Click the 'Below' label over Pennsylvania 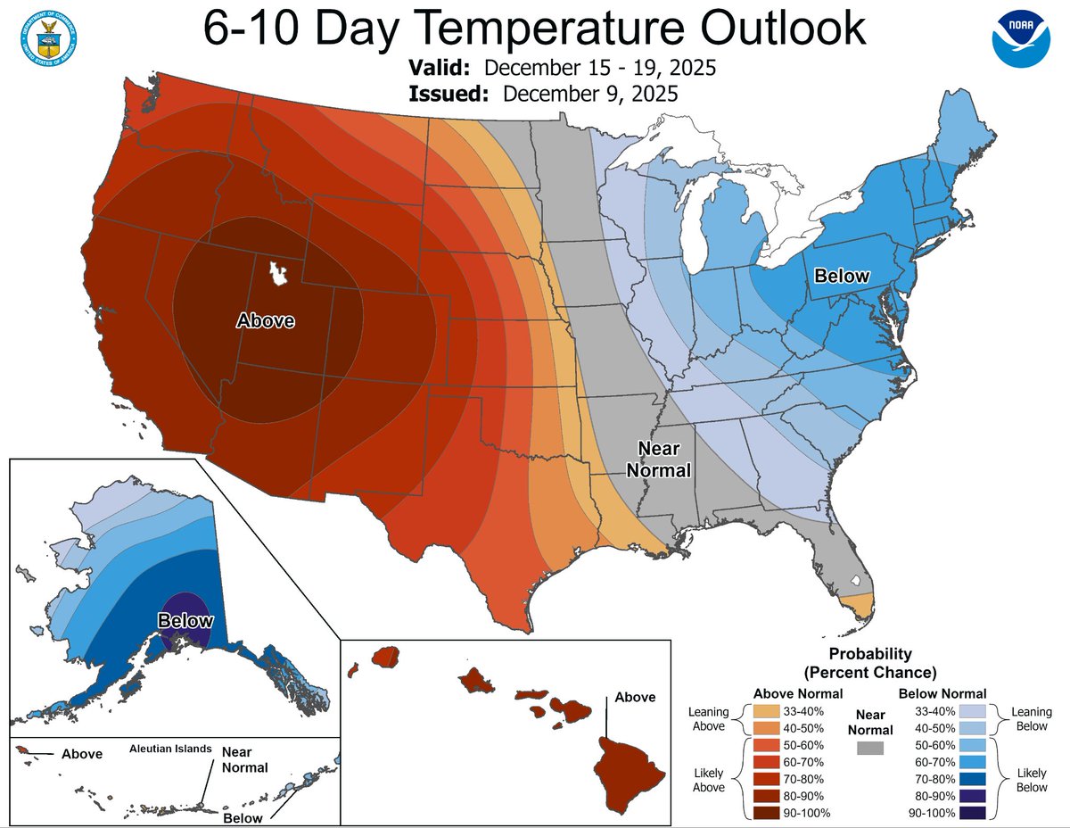[841, 276]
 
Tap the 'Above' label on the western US [265, 320]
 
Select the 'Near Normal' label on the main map [660, 459]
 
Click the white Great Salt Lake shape [279, 272]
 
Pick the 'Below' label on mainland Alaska [185, 620]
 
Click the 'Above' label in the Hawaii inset [634, 697]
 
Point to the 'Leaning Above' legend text [710, 719]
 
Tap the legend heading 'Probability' [870, 654]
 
